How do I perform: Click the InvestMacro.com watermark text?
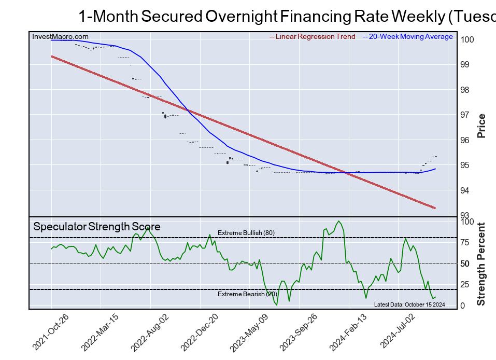point(60,37)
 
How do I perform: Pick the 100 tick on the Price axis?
point(467,39)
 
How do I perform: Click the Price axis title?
point(481,126)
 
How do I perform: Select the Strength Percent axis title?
point(481,264)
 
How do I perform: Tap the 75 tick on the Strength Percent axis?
point(465,242)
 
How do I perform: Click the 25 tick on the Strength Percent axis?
point(465,284)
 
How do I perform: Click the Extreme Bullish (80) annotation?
point(246,233)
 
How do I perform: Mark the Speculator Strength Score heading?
point(97,227)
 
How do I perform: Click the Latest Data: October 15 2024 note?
point(409,304)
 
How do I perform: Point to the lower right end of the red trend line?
point(434,208)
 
